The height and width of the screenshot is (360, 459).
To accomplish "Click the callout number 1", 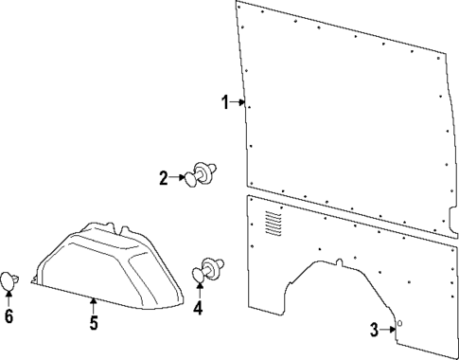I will click(225, 102).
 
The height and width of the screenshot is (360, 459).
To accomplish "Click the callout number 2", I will click(163, 176).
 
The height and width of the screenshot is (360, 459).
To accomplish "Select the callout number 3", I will click(374, 329).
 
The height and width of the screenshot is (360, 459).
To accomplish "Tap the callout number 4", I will click(199, 308).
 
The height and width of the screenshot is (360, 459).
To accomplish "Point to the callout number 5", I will click(94, 323).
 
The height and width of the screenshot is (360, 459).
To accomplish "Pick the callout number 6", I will click(9, 316).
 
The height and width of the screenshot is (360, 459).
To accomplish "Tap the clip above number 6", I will click(10, 279).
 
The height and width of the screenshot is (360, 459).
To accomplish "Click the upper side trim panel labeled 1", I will click(341, 104).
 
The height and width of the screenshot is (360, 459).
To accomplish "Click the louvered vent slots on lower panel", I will click(274, 224).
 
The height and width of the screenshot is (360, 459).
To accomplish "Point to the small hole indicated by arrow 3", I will click(398, 324).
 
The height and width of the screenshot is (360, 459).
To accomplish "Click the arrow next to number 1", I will click(238, 102).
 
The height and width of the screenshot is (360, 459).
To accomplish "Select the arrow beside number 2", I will click(178, 176).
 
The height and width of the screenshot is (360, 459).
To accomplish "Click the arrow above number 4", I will click(199, 290).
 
